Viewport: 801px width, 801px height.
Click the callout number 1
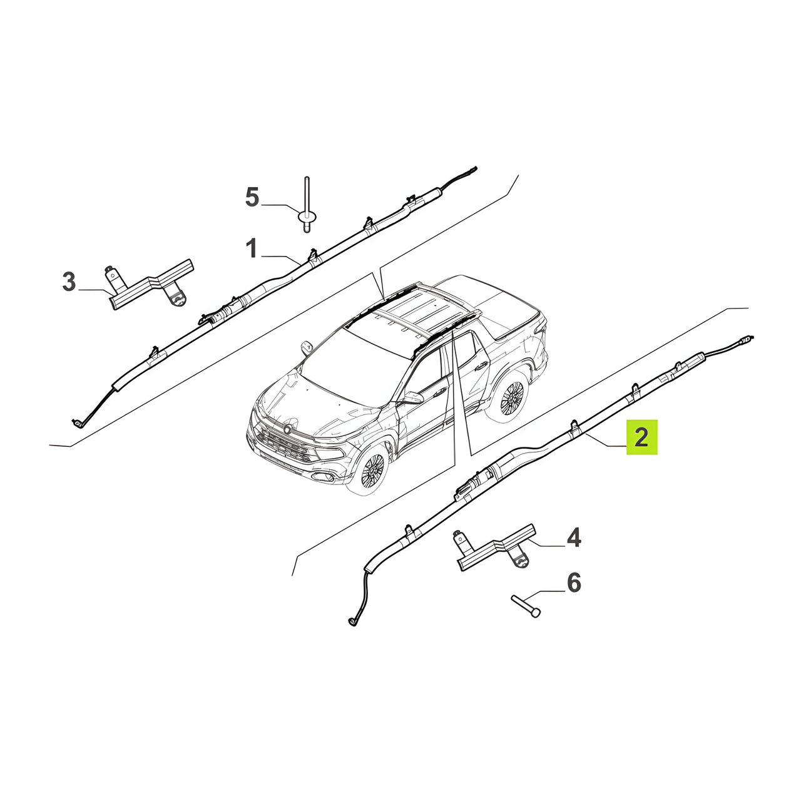[252, 248]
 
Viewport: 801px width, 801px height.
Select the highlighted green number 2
[641, 437]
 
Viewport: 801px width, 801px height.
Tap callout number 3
[69, 282]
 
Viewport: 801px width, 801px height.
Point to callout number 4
[574, 538]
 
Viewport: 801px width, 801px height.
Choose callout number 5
[252, 196]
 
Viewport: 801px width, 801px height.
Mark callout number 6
[574, 583]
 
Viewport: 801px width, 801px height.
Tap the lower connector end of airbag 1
[77, 422]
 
